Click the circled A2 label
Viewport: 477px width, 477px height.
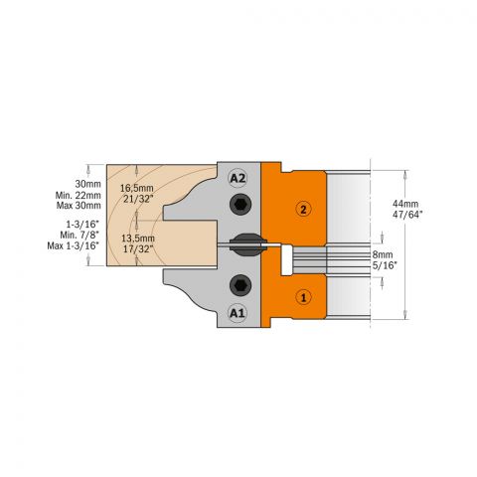[x=238, y=178]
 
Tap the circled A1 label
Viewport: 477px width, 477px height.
[x=238, y=313]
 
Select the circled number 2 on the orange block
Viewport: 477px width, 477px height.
[x=304, y=210]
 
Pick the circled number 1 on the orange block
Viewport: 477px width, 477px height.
[x=303, y=297]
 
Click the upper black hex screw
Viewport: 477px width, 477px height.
[x=240, y=205]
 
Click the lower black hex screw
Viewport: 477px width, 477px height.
[x=240, y=285]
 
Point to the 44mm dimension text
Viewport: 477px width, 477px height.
[x=405, y=204]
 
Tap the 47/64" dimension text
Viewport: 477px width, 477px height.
[x=407, y=215]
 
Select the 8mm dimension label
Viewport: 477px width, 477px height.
[x=383, y=254]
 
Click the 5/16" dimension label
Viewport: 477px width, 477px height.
[x=385, y=265]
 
